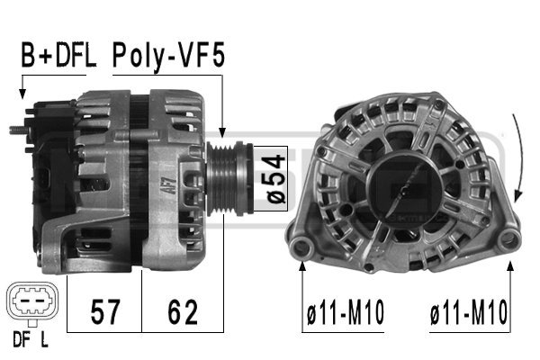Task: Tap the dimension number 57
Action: point(106,312)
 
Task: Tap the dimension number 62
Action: point(183,312)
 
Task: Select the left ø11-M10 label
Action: point(345,314)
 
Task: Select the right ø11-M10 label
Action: point(469,314)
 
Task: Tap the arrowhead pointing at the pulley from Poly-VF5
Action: point(222,133)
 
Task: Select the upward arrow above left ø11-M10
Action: point(302,270)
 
